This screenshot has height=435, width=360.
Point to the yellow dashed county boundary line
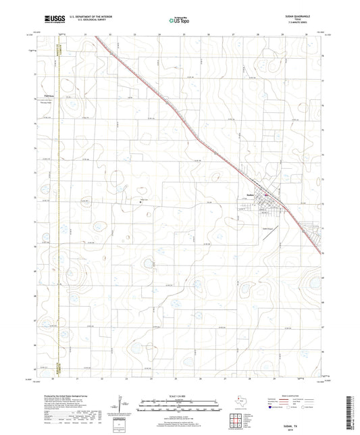(x=59, y=203)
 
